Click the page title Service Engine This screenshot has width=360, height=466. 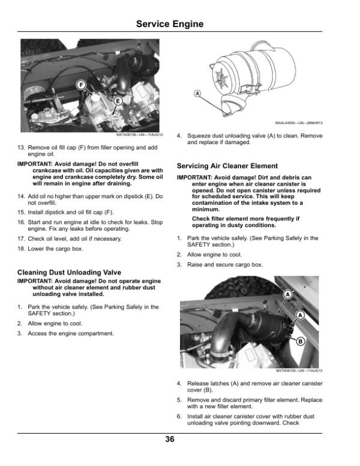(169, 24)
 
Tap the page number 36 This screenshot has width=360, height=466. (170, 440)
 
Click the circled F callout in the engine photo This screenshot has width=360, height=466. (82, 84)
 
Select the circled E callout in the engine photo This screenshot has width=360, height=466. (118, 101)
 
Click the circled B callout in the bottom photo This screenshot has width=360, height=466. (301, 342)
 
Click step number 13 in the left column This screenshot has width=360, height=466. (22, 147)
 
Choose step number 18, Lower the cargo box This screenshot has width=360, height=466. (22, 249)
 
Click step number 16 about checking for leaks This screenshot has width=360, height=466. (22, 223)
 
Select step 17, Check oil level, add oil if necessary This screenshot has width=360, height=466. (22, 239)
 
